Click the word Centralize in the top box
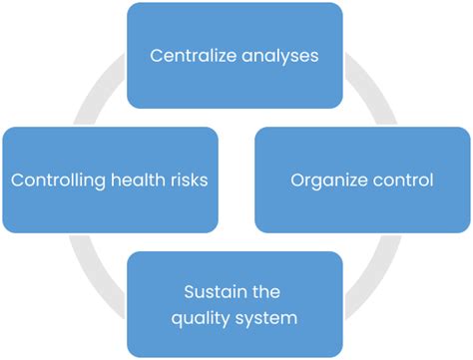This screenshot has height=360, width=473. pyautogui.click(x=190, y=55)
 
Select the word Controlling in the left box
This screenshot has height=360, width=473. pyautogui.click(x=56, y=180)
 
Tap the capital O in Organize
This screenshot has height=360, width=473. pyautogui.click(x=296, y=180)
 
